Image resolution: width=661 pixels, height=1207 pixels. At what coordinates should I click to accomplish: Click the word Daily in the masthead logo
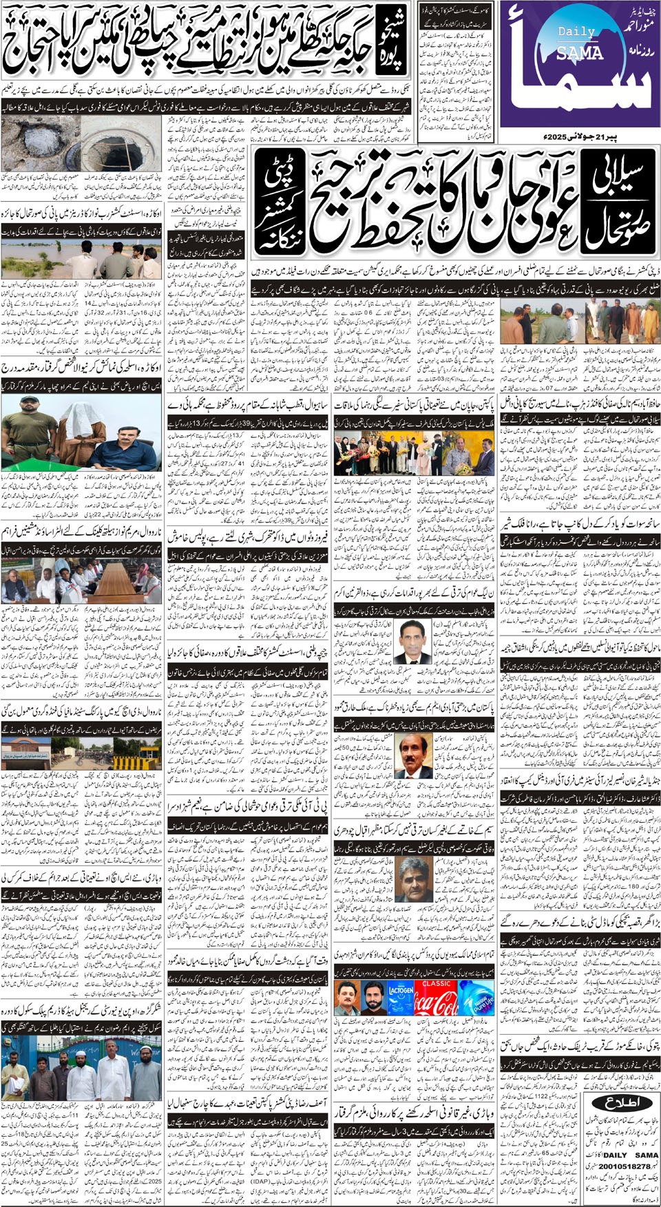point(576,32)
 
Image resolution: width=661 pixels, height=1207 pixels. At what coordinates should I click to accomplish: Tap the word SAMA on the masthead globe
point(580,52)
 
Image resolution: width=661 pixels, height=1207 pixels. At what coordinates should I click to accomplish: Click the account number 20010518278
point(625,1166)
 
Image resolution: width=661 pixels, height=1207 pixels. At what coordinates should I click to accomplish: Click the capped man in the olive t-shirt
point(28,427)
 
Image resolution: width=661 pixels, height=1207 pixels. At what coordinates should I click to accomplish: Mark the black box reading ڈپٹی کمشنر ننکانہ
point(279,207)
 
